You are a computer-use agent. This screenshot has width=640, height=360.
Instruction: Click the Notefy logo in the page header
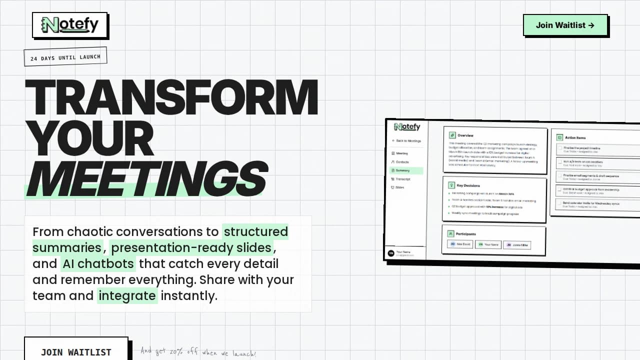[70, 25]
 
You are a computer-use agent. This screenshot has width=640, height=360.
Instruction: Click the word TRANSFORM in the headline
[171, 97]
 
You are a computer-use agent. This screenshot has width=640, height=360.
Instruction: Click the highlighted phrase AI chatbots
[98, 263]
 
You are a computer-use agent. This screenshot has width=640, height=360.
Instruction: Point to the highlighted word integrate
[127, 295]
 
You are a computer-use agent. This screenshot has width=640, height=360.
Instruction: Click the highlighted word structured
[255, 231]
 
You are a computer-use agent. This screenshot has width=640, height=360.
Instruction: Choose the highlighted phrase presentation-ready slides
[191, 247]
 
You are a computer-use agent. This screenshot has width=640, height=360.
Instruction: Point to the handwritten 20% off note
[198, 352]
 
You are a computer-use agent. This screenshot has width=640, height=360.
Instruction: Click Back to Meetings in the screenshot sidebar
[407, 141]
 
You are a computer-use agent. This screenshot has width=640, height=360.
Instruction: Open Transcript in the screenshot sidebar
[403, 179]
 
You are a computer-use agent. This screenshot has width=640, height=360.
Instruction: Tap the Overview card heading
[465, 135]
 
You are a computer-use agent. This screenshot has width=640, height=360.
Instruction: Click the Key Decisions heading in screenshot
[468, 185]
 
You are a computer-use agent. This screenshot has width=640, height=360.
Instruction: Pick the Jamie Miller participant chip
[516, 245]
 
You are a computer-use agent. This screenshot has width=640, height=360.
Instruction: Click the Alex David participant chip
[459, 244]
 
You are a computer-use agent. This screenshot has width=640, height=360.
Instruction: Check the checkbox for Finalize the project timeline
[560, 149]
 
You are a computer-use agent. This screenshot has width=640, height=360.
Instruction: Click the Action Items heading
[575, 137]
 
